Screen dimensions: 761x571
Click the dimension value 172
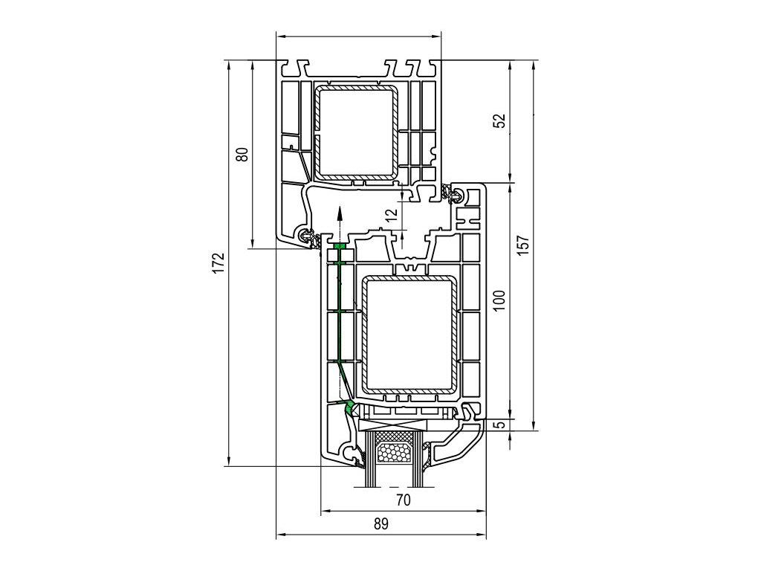pyautogui.click(x=218, y=262)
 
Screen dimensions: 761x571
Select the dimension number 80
pyautogui.click(x=241, y=155)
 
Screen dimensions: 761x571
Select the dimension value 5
pyautogui.click(x=499, y=425)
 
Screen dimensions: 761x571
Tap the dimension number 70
pyautogui.click(x=403, y=500)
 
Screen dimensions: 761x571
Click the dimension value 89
pyautogui.click(x=380, y=523)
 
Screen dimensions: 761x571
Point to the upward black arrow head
pyautogui.click(x=339, y=212)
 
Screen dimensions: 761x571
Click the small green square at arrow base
pyautogui.click(x=339, y=245)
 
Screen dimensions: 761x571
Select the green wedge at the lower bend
pyautogui.click(x=349, y=406)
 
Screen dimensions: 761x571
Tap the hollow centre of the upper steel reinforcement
pyautogui.click(x=355, y=132)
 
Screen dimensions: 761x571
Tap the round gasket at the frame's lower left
pyautogui.click(x=307, y=236)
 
